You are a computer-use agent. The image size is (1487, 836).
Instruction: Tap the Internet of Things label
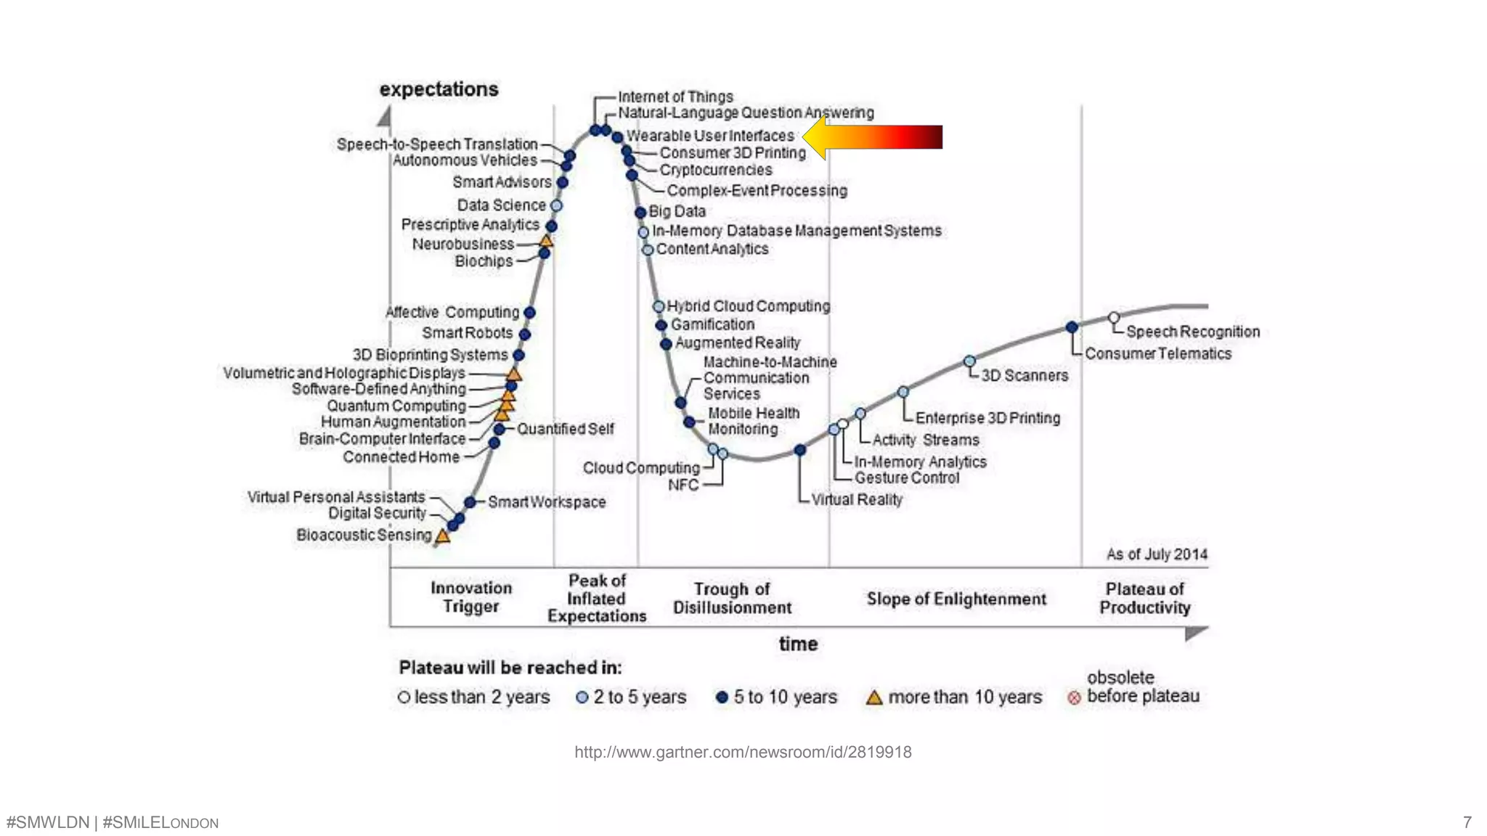tap(675, 97)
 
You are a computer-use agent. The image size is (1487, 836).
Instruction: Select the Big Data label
tap(677, 211)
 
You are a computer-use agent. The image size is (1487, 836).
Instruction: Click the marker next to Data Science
tap(556, 205)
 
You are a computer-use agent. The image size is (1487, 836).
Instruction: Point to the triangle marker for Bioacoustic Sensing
tap(442, 536)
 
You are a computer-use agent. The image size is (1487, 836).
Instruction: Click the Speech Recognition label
tap(1192, 332)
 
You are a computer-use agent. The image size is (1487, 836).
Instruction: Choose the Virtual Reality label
tap(856, 499)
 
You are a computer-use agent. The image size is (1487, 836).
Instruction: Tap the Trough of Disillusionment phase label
tap(732, 598)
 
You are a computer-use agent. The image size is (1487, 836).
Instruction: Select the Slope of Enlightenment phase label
tap(956, 599)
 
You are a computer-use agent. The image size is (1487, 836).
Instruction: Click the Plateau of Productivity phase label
tap(1144, 598)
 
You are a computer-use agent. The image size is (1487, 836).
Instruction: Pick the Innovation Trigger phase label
tap(471, 597)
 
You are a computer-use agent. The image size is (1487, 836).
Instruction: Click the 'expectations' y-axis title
tap(439, 89)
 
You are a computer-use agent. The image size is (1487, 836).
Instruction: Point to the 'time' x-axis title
tap(798, 644)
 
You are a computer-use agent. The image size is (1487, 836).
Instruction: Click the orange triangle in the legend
tap(874, 697)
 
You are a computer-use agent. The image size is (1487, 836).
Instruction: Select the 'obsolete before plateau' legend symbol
tap(1074, 698)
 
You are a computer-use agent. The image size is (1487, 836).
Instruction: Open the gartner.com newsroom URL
tap(743, 752)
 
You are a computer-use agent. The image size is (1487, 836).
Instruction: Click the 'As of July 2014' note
tap(1156, 554)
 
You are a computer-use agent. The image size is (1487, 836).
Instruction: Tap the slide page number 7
tap(1467, 822)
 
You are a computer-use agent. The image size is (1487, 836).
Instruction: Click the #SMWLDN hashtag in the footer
tap(47, 822)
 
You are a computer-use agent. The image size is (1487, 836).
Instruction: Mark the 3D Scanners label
tap(1024, 375)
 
